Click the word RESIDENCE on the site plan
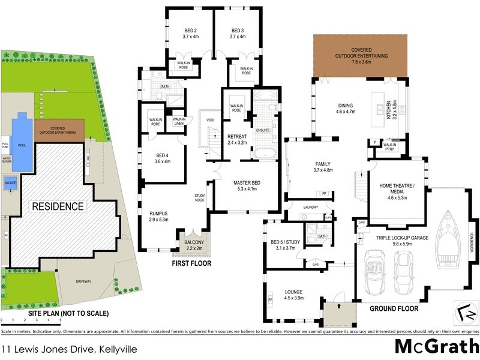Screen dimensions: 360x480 [58, 206]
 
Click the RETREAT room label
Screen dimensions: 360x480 [238, 136]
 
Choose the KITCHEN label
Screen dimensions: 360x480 [389, 110]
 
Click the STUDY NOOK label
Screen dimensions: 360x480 [200, 198]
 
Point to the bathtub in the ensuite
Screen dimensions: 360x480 [263, 155]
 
